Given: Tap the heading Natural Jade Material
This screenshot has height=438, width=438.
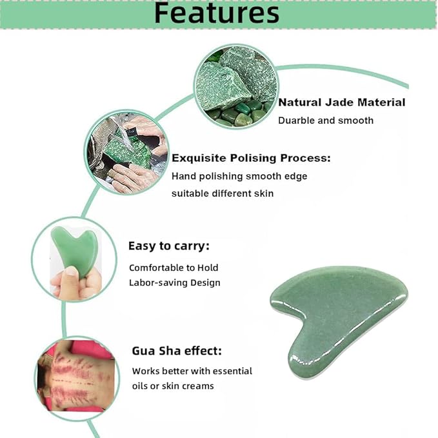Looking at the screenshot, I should (342, 103).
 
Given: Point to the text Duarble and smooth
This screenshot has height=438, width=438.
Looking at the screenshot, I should (326, 120).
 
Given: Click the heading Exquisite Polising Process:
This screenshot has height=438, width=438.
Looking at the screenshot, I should (251, 157).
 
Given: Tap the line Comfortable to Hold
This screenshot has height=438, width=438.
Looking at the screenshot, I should (174, 268).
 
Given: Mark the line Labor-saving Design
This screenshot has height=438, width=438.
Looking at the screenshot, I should (175, 283).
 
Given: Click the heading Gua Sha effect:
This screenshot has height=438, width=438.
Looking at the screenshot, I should (177, 351).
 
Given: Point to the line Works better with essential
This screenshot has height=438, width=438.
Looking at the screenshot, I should (192, 371).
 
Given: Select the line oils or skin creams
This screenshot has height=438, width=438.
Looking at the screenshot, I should (173, 386).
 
